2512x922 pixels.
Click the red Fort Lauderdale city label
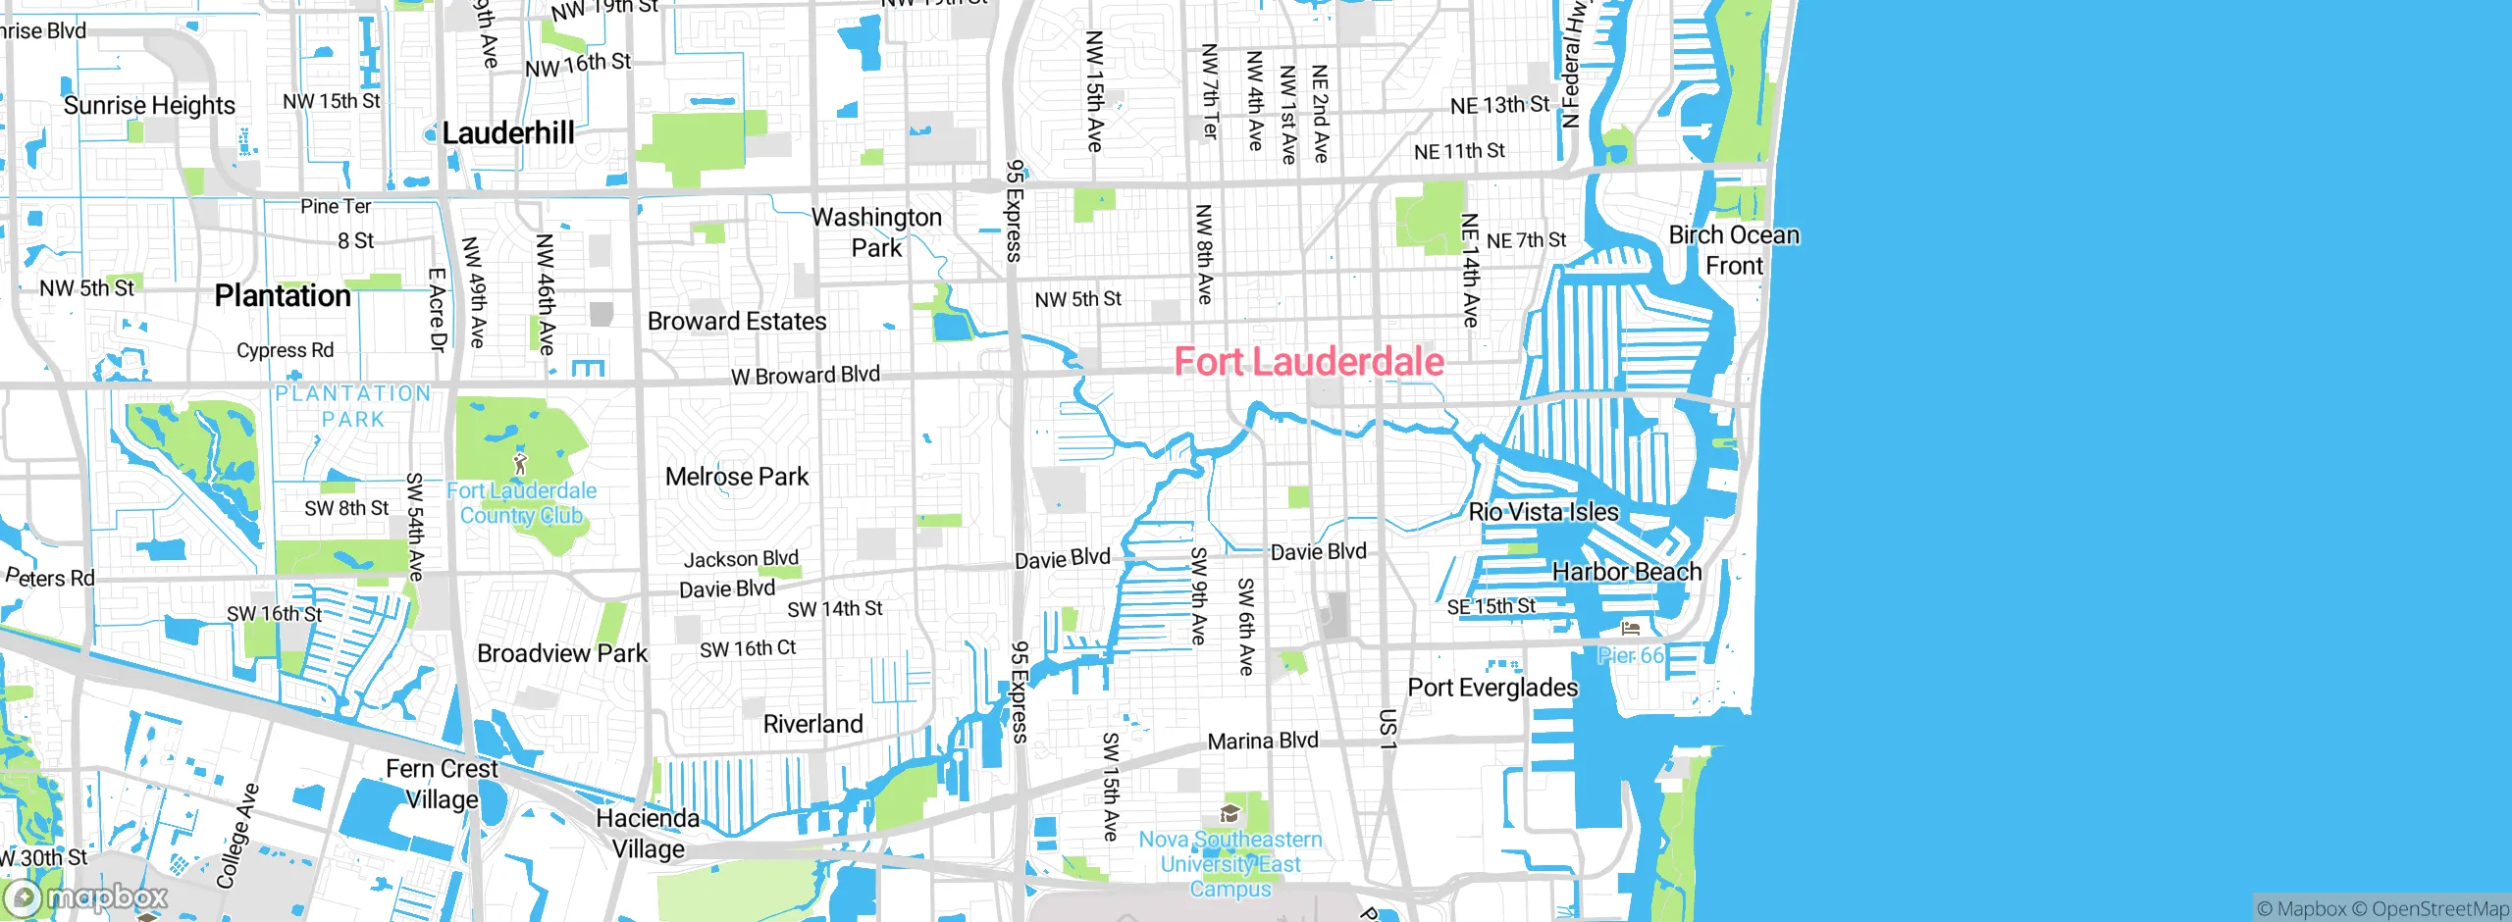[x=1309, y=362]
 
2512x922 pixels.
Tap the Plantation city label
[x=283, y=295]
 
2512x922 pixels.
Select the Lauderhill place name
[x=507, y=132]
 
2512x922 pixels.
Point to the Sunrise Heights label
[x=149, y=105]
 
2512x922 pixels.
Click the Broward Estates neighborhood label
[x=737, y=321]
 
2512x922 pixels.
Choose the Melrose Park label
[x=737, y=477]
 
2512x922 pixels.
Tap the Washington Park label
[x=876, y=231]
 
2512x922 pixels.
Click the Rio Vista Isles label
[x=1544, y=511]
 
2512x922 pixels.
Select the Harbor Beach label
[x=1627, y=571]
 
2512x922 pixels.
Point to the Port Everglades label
[x=1492, y=687]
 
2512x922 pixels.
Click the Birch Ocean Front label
[x=1734, y=250]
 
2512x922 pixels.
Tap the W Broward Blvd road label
[x=806, y=375]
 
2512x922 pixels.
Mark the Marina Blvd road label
[x=1263, y=741]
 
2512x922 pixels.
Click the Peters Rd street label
[x=51, y=577]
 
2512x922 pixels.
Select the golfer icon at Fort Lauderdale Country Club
[x=520, y=463]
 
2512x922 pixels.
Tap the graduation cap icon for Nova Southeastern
[x=1230, y=813]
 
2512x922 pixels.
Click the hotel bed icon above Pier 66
[x=1631, y=629]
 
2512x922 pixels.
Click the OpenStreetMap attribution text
[x=2431, y=909]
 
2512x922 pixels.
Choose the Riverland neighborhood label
[x=813, y=724]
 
